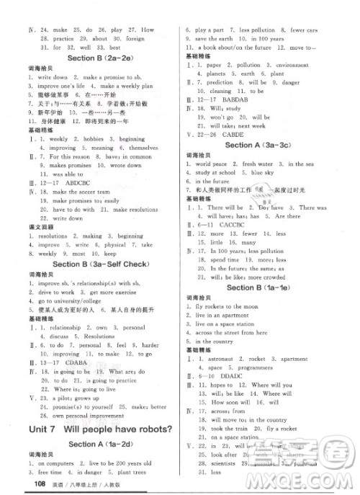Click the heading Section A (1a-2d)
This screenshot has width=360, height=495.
pyautogui.click(x=95, y=447)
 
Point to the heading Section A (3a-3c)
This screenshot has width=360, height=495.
pyautogui.click(x=257, y=145)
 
